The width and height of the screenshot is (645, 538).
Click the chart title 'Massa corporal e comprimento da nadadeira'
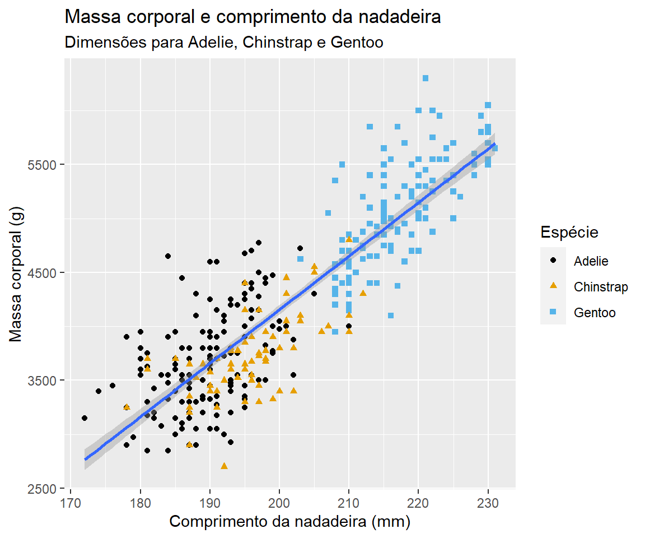(253, 17)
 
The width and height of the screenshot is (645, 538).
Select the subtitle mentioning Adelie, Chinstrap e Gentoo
(224, 43)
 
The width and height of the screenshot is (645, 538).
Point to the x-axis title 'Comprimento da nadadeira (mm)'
(290, 522)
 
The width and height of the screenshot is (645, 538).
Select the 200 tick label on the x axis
(279, 500)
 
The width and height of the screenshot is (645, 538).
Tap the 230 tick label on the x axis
(488, 500)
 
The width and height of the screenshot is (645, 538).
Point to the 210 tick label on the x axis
(349, 500)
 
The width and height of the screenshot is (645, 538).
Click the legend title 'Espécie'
(569, 232)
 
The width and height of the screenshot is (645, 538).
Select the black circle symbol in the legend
(553, 261)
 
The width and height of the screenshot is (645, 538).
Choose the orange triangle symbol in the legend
(553, 286)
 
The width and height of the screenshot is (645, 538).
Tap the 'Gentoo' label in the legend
(595, 313)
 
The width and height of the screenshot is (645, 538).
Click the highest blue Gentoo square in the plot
(426, 78)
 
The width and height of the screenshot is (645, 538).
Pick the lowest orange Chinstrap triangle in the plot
(224, 466)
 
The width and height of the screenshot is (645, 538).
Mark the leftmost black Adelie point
(85, 418)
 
